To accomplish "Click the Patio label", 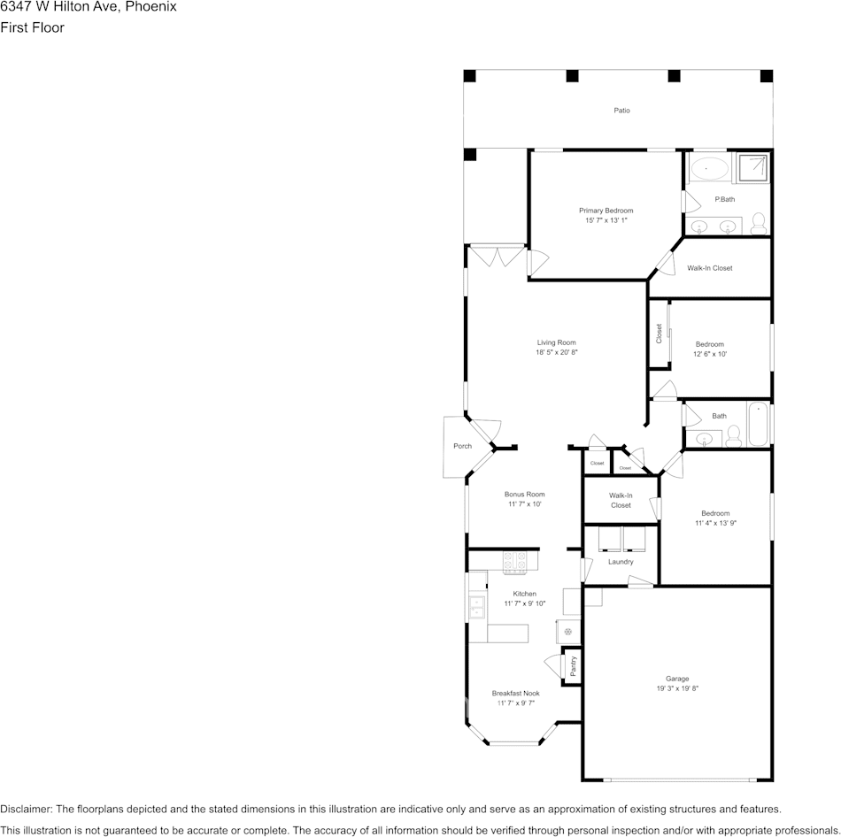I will [622, 111].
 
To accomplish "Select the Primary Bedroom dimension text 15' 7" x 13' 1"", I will [606, 220].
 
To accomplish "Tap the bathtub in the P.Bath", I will [708, 167].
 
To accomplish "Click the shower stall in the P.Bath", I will [753, 165].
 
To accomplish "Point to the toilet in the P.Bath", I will [759, 223].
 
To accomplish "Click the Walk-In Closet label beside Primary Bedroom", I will [709, 268].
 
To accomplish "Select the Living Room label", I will [556, 342].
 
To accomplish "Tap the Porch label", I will [462, 446].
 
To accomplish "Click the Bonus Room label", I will [524, 495].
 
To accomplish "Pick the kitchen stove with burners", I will [515, 561].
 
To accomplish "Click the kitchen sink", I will [477, 606].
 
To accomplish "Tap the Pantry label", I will [573, 666].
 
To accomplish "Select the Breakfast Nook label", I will [515, 694].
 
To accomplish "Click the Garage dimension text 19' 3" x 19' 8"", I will [677, 688].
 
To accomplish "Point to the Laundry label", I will [621, 562].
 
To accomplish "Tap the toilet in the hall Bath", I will [733, 435].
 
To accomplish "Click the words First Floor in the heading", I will [32, 27].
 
